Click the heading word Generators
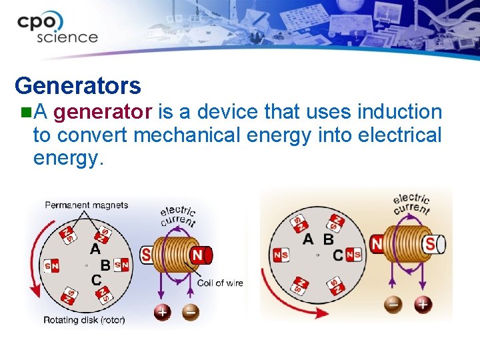(x=77, y=85)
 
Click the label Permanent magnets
(x=86, y=205)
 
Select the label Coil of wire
(x=220, y=283)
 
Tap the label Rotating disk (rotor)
(x=84, y=320)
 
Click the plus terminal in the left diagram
(x=162, y=311)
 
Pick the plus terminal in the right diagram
(x=423, y=305)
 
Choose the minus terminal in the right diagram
(x=394, y=305)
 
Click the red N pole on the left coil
(x=198, y=255)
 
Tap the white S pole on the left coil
(x=147, y=255)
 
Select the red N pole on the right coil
(x=377, y=244)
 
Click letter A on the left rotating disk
(x=95, y=248)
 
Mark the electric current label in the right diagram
(x=412, y=203)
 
